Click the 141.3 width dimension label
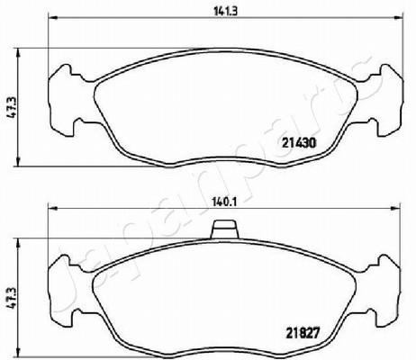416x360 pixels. (x=225, y=12)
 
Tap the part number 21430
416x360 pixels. (x=299, y=143)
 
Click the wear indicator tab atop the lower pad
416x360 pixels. (x=224, y=229)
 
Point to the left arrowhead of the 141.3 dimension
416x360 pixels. (x=52, y=17)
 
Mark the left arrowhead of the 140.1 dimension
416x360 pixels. (x=52, y=208)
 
